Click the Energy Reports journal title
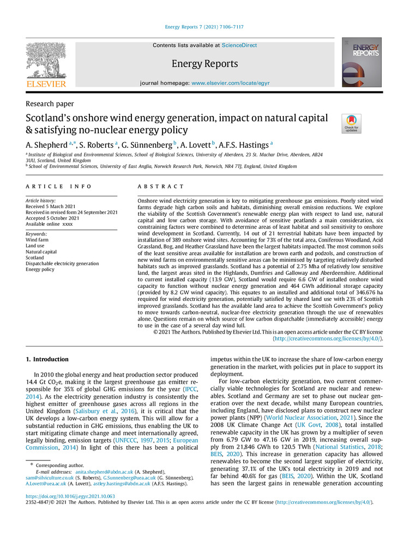[204, 64]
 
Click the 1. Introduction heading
[47, 360]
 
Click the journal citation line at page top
[204, 27]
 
